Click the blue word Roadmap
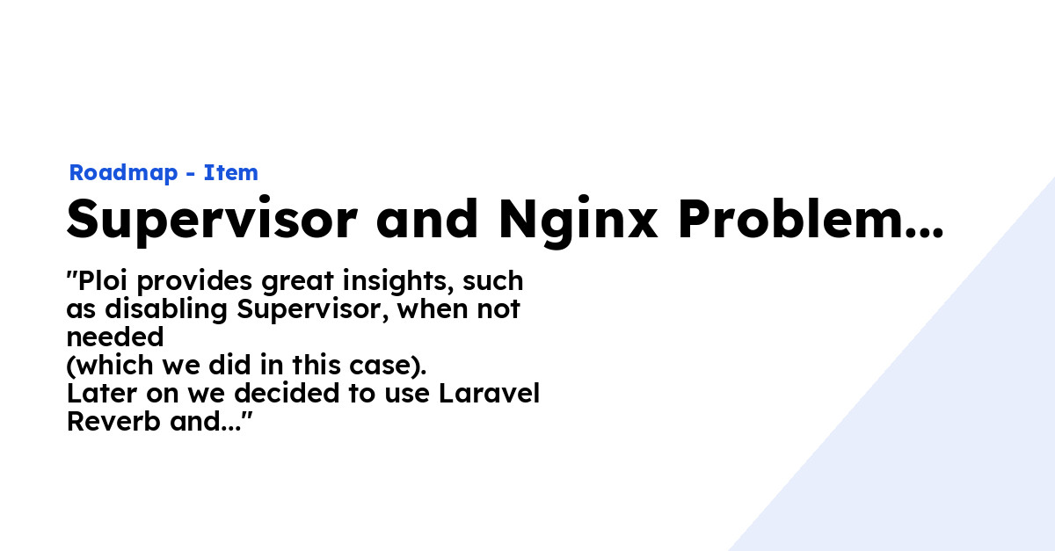click(123, 173)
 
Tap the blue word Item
click(230, 172)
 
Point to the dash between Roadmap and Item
click(191, 174)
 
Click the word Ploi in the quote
click(103, 280)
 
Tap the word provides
click(194, 281)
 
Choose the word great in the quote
click(298, 281)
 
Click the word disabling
click(166, 310)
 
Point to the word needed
click(115, 337)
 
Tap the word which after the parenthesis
click(114, 366)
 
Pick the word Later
click(102, 394)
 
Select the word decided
click(287, 393)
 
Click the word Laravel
click(489, 393)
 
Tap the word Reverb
click(113, 422)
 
